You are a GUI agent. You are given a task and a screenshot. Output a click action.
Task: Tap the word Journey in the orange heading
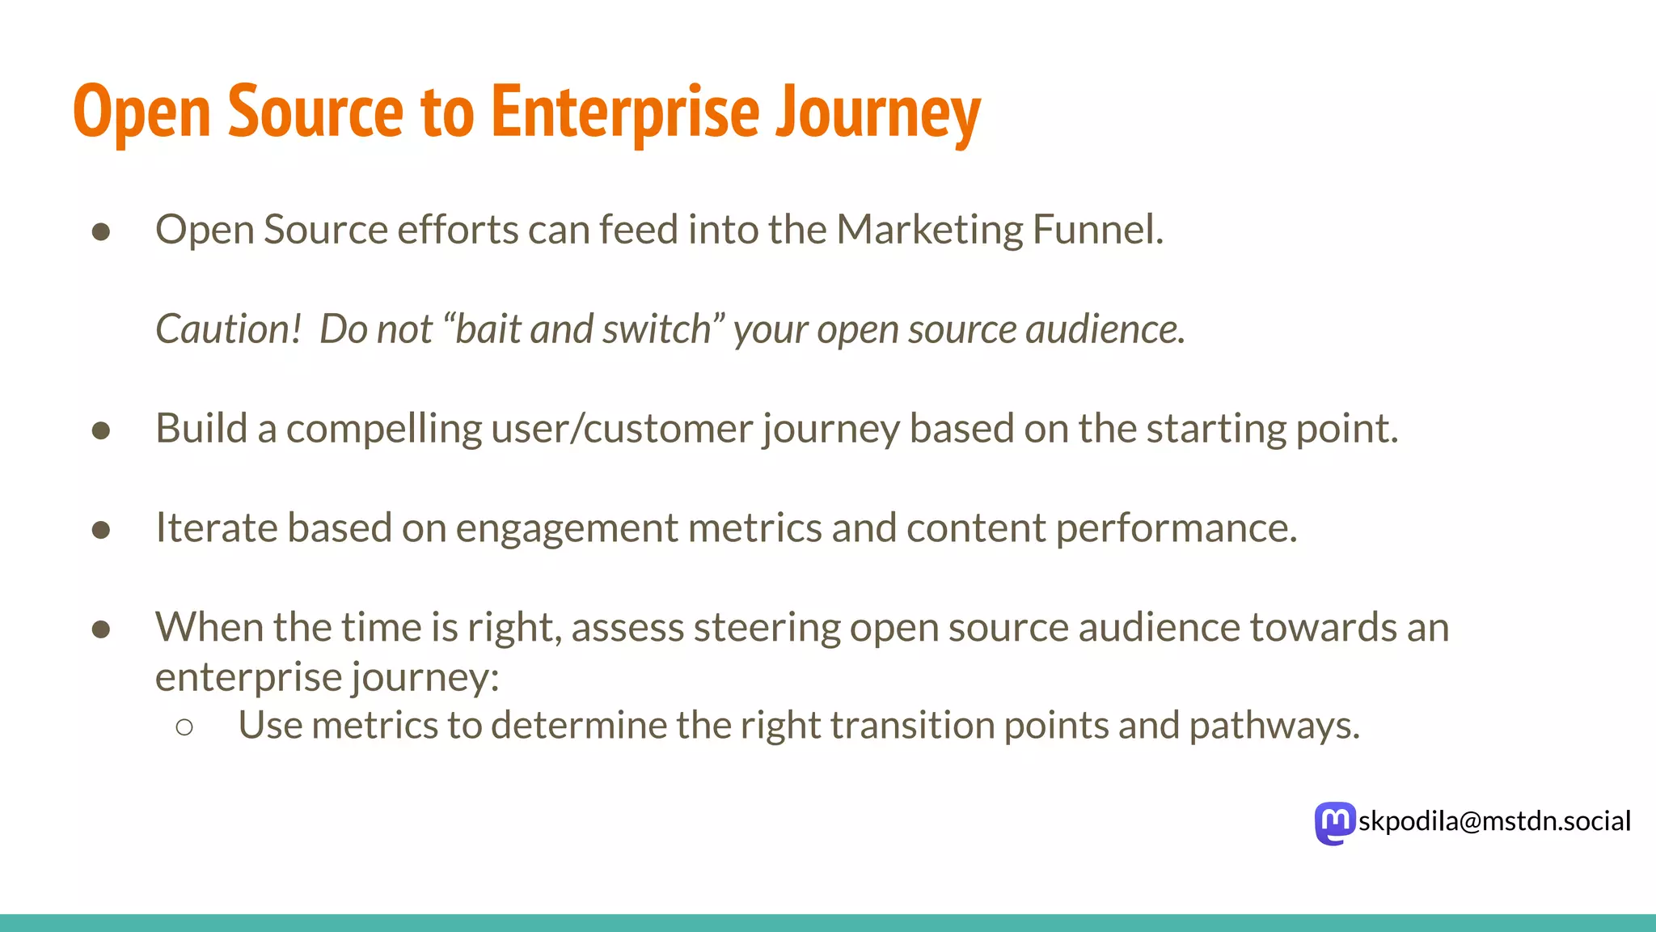(877, 113)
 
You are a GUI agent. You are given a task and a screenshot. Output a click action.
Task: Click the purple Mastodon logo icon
(1333, 823)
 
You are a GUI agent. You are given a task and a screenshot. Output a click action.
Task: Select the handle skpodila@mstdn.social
(1494, 821)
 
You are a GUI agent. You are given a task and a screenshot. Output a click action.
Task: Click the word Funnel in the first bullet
(1097, 230)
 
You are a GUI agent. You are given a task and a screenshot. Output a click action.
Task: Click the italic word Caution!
(228, 329)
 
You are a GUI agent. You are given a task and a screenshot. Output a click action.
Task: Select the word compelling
(383, 430)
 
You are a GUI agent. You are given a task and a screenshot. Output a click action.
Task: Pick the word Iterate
(217, 528)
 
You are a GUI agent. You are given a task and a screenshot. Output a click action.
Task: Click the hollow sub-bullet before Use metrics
(184, 727)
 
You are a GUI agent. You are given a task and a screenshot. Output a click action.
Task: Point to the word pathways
(1274, 726)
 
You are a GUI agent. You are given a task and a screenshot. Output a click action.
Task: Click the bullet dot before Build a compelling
(101, 430)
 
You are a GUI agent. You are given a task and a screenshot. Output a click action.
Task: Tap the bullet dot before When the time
(101, 629)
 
